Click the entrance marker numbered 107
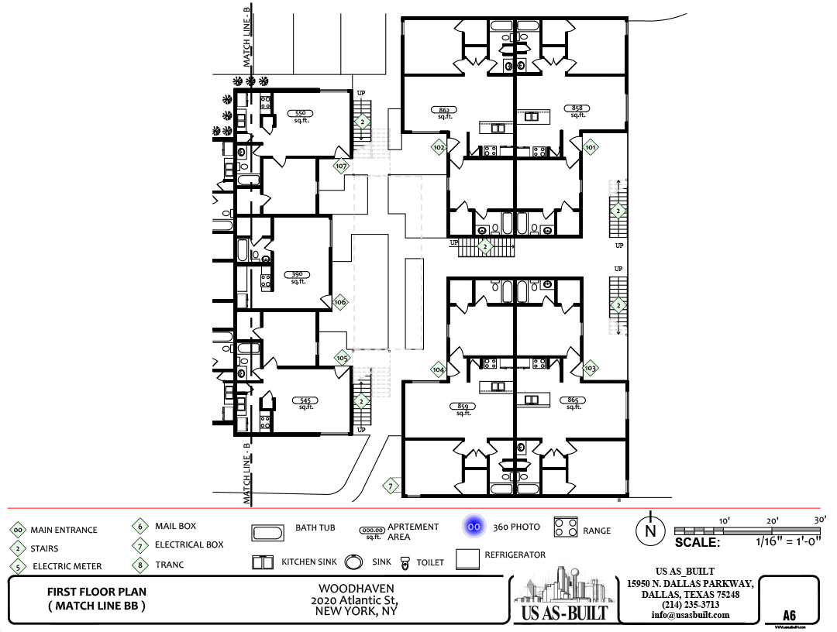341,166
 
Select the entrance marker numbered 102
439,147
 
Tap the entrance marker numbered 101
590,147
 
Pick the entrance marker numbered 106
340,302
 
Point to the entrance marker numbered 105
342,358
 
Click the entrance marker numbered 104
439,370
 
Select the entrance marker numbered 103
591,368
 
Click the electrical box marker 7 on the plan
391,486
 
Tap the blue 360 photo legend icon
474,527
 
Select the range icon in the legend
567,528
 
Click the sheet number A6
789,616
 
